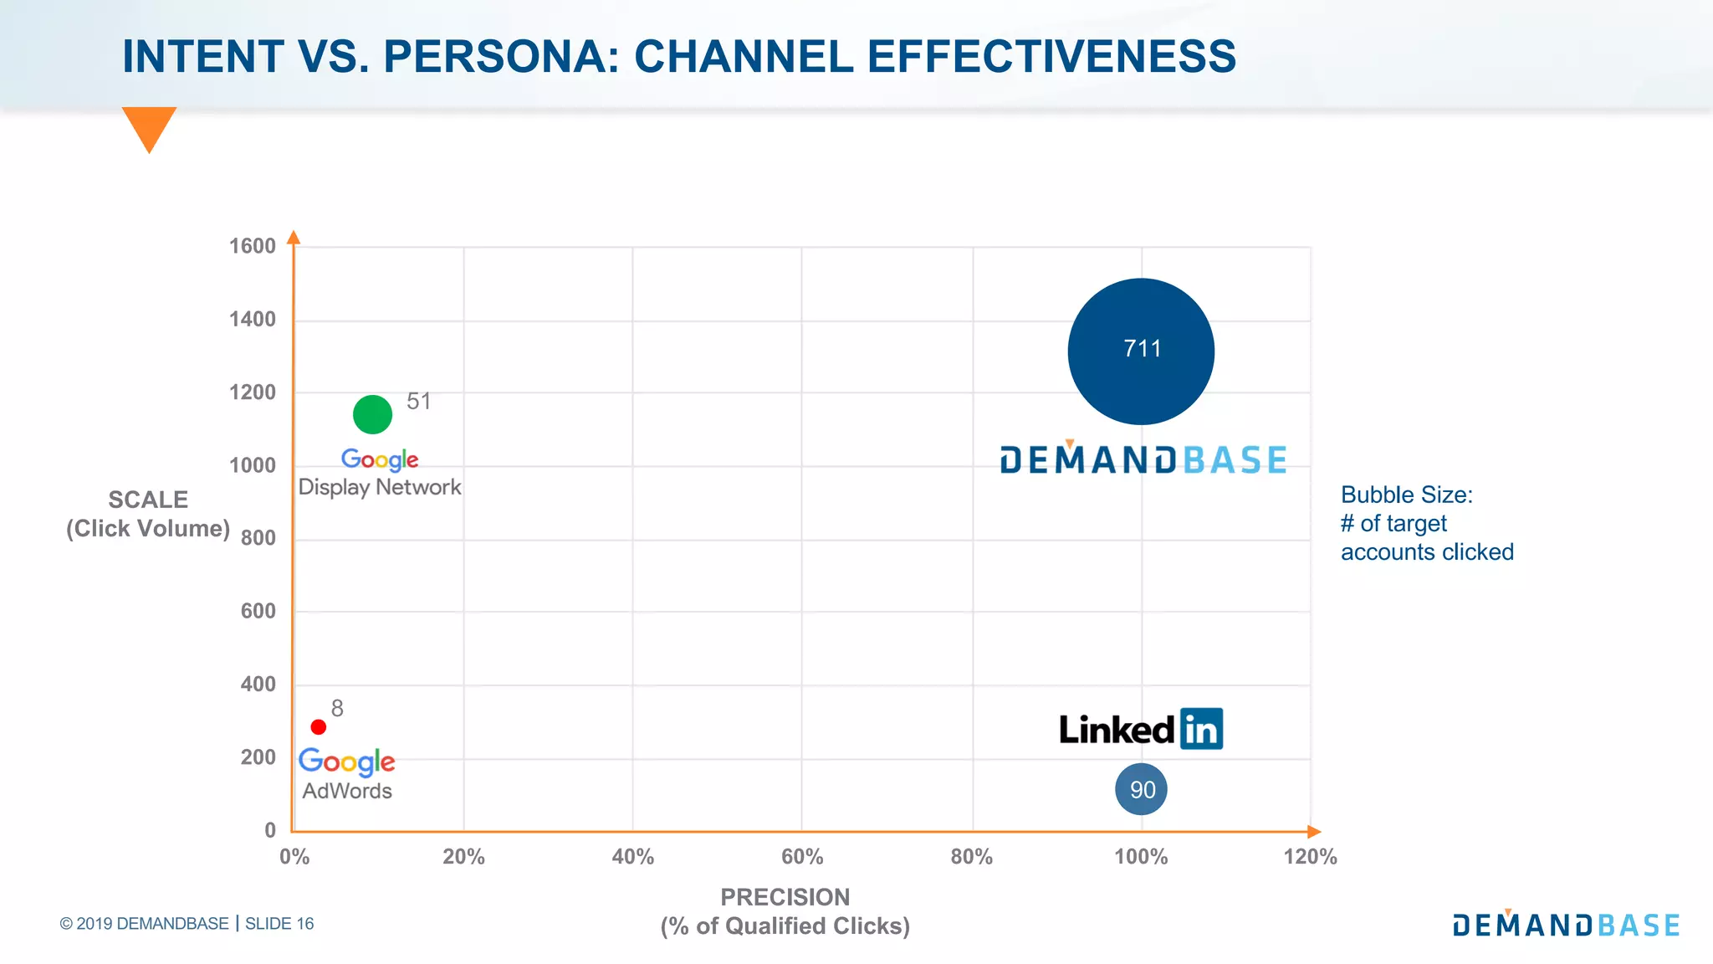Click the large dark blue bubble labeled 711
[x=1141, y=351]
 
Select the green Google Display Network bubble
[x=372, y=414]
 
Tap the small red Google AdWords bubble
[x=319, y=727]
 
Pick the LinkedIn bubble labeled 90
[x=1141, y=789]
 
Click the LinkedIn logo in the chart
[x=1141, y=729]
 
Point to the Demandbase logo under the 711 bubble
[x=1143, y=459]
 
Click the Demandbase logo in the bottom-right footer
[x=1566, y=925]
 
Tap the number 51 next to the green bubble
[x=418, y=402]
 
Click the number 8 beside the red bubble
[x=337, y=709]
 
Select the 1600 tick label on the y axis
[x=252, y=246]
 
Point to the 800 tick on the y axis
[x=258, y=538]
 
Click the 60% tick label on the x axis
[x=801, y=857]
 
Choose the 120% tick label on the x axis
[x=1310, y=857]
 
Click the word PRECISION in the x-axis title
[x=785, y=897]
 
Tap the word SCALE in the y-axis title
[x=148, y=500]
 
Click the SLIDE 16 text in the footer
[x=279, y=924]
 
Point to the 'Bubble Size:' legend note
[x=1406, y=495]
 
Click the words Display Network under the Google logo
[x=380, y=487]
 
